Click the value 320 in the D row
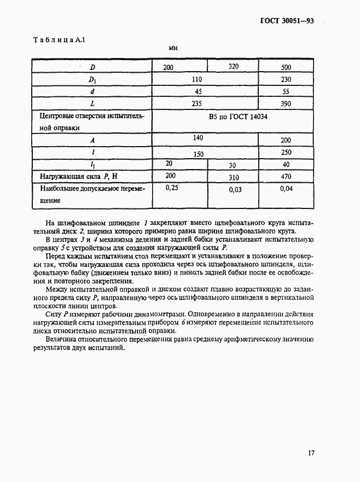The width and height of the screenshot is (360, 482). click(234, 67)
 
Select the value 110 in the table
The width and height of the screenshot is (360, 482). click(197, 79)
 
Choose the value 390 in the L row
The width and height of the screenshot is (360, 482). click(285, 104)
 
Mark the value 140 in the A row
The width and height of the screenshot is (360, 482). click(197, 139)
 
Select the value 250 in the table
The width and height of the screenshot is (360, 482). click(285, 153)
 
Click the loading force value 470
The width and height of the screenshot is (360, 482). click(285, 177)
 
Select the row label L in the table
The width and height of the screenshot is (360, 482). click(91, 104)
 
